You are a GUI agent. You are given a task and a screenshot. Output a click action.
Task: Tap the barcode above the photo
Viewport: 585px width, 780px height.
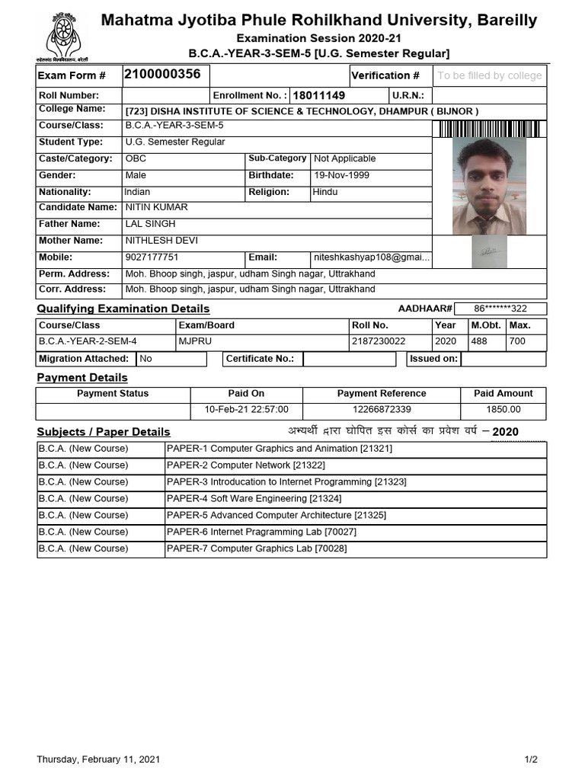point(489,129)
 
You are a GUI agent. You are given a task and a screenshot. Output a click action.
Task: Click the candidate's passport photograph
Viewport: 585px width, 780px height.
point(488,185)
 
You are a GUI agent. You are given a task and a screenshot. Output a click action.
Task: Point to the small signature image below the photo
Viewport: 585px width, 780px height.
point(488,251)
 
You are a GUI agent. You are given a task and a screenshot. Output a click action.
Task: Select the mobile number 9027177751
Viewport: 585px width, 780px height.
point(152,257)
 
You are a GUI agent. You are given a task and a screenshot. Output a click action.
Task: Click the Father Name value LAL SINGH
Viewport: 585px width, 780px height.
point(150,224)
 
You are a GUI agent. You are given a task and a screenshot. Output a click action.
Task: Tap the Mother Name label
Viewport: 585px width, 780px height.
point(71,241)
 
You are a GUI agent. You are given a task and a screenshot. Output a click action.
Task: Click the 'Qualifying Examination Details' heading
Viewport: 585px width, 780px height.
point(123,308)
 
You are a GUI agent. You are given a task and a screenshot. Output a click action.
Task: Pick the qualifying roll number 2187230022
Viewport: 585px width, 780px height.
point(379,342)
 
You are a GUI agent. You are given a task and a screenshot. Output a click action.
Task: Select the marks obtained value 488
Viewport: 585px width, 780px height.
point(479,342)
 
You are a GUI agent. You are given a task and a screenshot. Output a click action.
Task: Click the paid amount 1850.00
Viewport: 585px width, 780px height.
point(503,410)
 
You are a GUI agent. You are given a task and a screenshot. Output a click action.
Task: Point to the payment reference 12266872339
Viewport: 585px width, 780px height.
point(382,410)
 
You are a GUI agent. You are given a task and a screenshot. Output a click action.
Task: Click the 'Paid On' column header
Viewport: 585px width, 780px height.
point(246,394)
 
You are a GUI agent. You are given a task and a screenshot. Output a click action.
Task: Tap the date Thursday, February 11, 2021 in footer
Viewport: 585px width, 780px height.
point(99,759)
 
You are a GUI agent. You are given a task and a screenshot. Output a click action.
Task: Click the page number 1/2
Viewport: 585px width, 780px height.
point(531,759)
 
